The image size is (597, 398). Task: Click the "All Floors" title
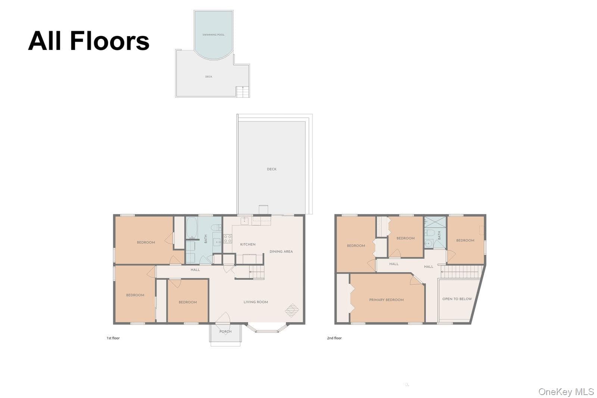tap(88, 41)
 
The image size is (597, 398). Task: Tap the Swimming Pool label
tap(213, 35)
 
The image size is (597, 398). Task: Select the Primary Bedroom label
tap(386, 300)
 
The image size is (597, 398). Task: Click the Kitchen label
tap(248, 245)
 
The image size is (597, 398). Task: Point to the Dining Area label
tap(281, 251)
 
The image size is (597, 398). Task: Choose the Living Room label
tap(256, 302)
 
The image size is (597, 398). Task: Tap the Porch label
tap(225, 332)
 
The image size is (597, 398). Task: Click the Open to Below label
tap(457, 299)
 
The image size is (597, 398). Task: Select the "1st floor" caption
tap(113, 338)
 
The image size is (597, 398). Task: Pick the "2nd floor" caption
tap(334, 338)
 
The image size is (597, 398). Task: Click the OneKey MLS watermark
tap(566, 392)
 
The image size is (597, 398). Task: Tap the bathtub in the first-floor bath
tap(192, 228)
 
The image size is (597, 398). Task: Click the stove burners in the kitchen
tap(228, 239)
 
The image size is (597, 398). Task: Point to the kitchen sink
tap(244, 221)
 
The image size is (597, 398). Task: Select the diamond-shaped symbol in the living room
tap(292, 310)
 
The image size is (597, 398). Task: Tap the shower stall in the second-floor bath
tap(435, 222)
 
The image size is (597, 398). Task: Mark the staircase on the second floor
tap(462, 272)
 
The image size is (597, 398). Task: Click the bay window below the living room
tap(267, 329)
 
